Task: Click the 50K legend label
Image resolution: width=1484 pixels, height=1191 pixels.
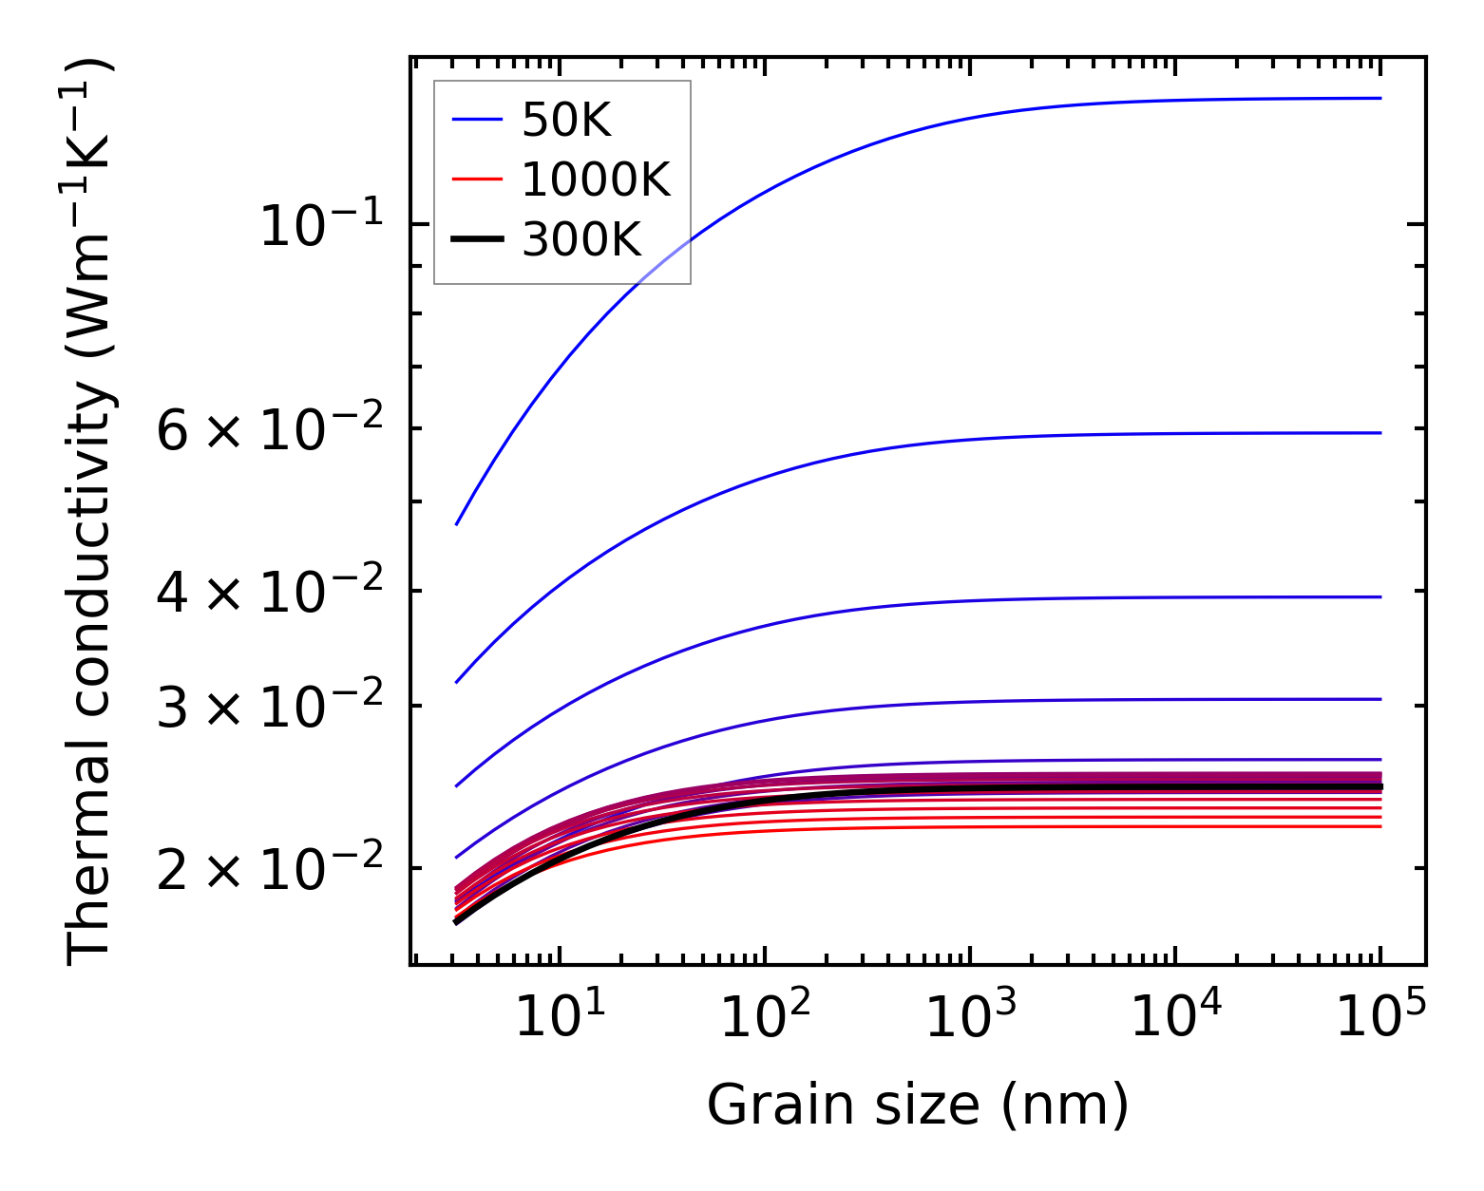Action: (566, 121)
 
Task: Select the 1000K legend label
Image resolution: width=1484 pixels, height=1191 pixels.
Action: (596, 180)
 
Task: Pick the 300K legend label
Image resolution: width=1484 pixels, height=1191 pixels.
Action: (581, 239)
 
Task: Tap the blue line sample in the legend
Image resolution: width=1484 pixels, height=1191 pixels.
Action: (477, 120)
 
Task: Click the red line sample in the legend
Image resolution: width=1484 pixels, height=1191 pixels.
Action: (477, 180)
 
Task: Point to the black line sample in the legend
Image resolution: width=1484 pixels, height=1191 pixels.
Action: (477, 239)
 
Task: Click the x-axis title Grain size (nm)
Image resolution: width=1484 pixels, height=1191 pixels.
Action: (918, 1106)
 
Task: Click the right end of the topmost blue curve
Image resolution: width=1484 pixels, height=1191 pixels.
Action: (1379, 98)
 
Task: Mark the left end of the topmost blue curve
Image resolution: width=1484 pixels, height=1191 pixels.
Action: (457, 524)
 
